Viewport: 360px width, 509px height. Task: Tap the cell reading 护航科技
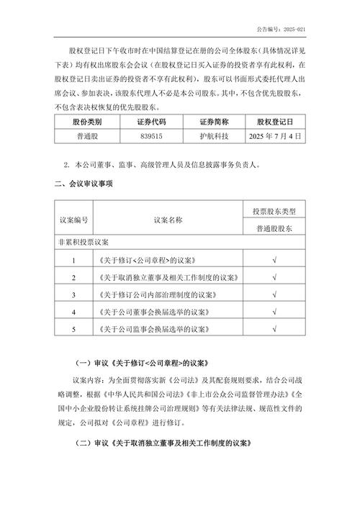coord(214,135)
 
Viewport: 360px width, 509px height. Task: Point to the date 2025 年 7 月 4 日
coord(274,135)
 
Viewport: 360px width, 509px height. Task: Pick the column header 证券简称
coord(214,120)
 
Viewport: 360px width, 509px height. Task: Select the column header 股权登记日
coord(274,120)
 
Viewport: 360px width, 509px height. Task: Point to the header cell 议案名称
coord(168,219)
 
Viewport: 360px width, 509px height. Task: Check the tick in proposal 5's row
coord(274,329)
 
